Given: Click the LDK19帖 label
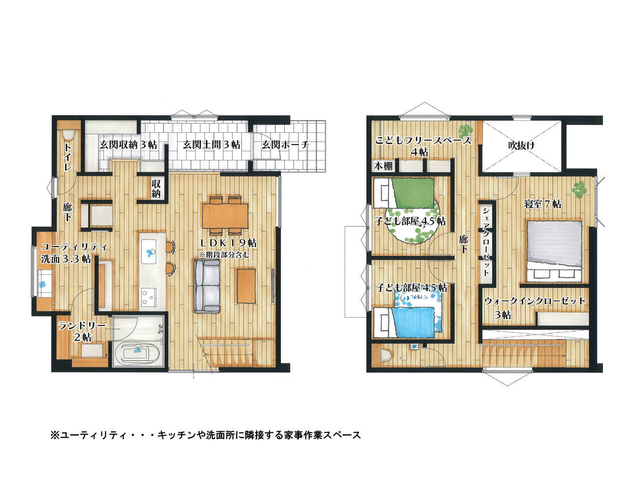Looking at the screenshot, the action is (228, 243).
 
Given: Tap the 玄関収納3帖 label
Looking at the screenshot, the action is (128, 144).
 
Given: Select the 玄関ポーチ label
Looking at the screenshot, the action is (285, 144).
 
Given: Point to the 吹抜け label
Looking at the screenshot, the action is (521, 145).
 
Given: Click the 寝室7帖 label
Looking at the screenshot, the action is (543, 204).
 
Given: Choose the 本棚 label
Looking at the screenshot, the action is (384, 166).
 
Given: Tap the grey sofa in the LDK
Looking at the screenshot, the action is (207, 286).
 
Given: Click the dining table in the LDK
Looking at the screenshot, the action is (225, 216).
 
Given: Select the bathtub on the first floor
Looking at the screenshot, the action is (137, 353).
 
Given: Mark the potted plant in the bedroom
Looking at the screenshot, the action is (579, 190).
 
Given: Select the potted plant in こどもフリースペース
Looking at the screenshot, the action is (465, 129).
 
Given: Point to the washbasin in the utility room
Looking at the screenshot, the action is (43, 284).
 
